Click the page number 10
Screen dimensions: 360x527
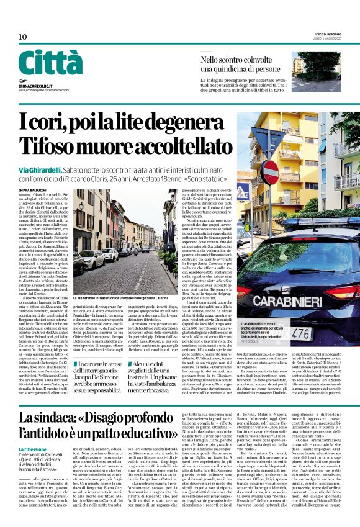coord(22,37)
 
